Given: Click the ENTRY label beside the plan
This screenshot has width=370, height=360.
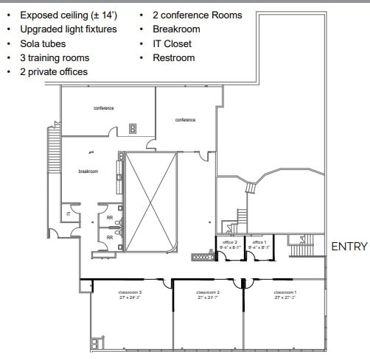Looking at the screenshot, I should pyautogui.click(x=349, y=247).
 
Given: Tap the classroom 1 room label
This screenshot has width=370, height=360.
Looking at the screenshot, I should pyautogui.click(x=285, y=292).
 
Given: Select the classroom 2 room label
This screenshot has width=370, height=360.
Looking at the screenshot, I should pyautogui.click(x=208, y=292).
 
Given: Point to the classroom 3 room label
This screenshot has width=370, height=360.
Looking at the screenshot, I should pyautogui.click(x=129, y=292).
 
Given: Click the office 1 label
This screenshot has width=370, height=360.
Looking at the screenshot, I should pyautogui.click(x=259, y=242).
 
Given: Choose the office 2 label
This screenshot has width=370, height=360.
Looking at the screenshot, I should pyautogui.click(x=228, y=242).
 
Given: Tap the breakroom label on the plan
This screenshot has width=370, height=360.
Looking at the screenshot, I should pyautogui.click(x=88, y=171).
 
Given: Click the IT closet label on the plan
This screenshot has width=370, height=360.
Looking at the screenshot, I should pyautogui.click(x=68, y=213).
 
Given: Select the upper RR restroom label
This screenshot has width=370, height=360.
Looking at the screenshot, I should pyautogui.click(x=110, y=218).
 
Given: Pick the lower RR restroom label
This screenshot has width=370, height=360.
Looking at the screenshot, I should pyautogui.click(x=110, y=237).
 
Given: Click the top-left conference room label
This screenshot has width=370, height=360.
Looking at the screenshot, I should pyautogui.click(x=104, y=108).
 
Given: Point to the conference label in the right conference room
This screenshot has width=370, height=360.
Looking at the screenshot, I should pyautogui.click(x=185, y=120).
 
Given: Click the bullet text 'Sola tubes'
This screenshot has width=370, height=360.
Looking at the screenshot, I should pyautogui.click(x=43, y=43).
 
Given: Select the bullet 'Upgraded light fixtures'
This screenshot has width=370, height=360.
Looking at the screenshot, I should pyautogui.click(x=68, y=29).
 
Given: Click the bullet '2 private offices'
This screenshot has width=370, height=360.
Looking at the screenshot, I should pyautogui.click(x=54, y=71).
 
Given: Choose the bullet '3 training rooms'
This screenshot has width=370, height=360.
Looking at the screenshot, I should pyautogui.click(x=55, y=57).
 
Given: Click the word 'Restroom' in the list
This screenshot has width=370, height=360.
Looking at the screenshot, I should pyautogui.click(x=174, y=57).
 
